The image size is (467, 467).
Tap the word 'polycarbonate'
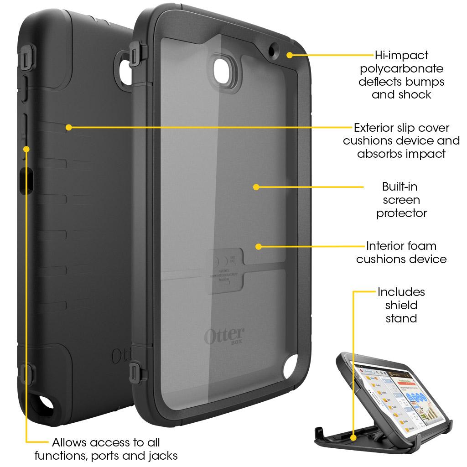(401, 69)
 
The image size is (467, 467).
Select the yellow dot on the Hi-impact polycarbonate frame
(290, 55)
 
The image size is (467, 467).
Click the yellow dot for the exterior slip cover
(68, 127)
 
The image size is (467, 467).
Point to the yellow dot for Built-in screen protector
(256, 187)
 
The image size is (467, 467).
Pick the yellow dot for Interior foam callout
(259, 246)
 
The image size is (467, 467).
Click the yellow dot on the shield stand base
(353, 438)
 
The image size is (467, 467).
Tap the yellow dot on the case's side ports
(26, 149)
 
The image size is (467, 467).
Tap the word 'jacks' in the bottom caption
(163, 455)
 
